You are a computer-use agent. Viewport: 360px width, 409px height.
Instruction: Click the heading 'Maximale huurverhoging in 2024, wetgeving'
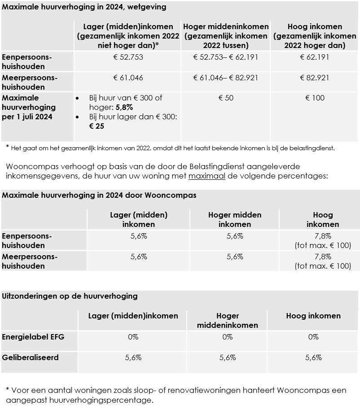click(84, 7)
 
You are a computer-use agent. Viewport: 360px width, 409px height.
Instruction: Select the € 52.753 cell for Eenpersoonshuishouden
click(128, 57)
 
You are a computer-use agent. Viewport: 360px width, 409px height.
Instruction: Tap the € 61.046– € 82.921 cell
click(226, 78)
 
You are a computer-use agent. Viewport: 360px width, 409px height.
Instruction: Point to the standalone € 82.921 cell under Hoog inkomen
click(315, 78)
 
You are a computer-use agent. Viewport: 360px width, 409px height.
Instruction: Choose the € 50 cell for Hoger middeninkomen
click(226, 98)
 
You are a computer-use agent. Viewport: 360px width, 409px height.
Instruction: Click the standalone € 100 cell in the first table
click(315, 98)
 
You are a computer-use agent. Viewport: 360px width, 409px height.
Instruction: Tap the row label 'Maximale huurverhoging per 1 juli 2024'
click(29, 108)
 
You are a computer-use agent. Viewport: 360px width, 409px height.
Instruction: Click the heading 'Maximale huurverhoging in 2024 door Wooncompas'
click(99, 196)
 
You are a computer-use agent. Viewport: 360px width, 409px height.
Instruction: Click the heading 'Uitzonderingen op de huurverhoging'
click(70, 296)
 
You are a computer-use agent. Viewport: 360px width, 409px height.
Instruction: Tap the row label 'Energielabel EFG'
click(33, 336)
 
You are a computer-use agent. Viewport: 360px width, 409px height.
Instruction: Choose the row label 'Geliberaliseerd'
click(31, 357)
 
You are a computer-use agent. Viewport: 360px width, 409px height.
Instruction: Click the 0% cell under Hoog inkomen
click(313, 337)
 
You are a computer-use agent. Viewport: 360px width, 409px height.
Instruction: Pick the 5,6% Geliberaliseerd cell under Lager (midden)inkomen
click(133, 357)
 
